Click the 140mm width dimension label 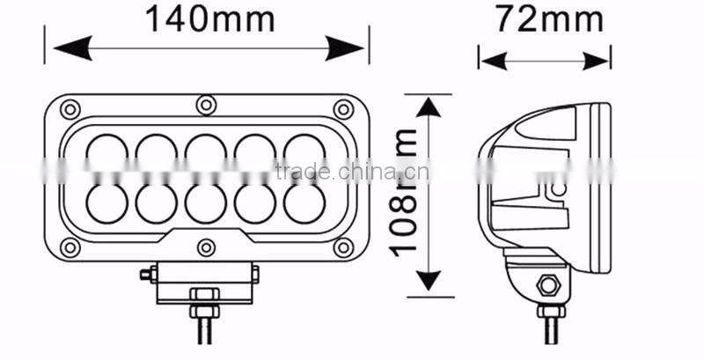(x=209, y=18)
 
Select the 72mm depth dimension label (x=544, y=19)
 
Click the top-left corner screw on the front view (x=69, y=109)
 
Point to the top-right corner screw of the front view (x=342, y=109)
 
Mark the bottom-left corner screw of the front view (x=69, y=247)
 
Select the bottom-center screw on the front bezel (x=205, y=248)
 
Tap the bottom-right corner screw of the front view (x=342, y=247)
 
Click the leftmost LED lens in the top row (x=106, y=151)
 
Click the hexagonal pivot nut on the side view (x=546, y=285)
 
